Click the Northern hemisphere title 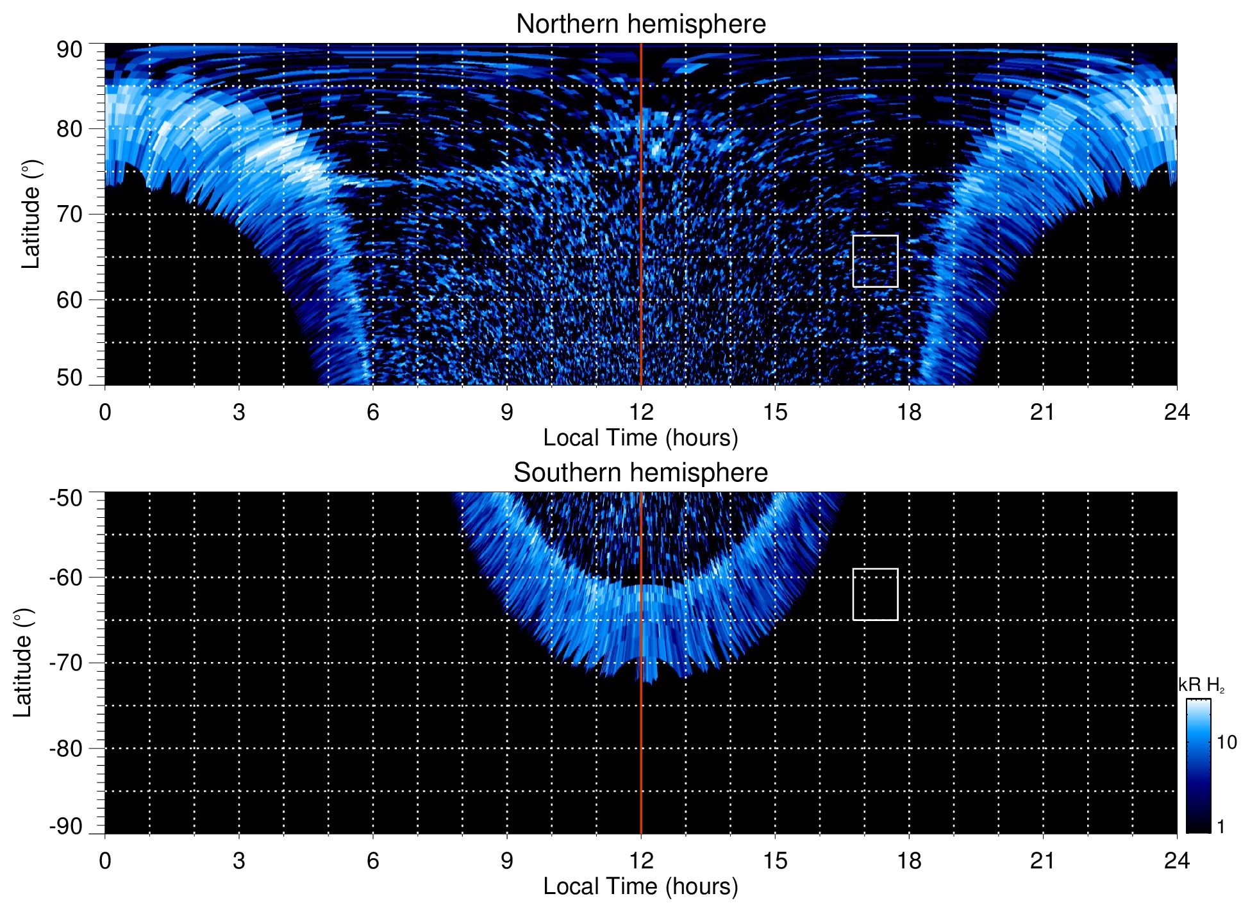(x=640, y=24)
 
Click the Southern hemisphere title (x=640, y=473)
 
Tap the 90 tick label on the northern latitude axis (x=69, y=50)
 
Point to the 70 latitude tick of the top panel (x=69, y=214)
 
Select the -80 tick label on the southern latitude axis (x=66, y=748)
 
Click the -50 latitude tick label (x=66, y=498)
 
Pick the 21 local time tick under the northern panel (x=1043, y=412)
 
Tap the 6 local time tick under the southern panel (x=373, y=861)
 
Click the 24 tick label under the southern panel (x=1176, y=861)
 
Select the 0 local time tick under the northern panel (x=105, y=412)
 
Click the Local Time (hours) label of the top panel (x=640, y=438)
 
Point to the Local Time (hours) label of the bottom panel (x=640, y=886)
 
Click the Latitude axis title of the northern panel (x=31, y=214)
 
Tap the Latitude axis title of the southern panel (x=22, y=663)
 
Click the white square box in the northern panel (x=875, y=261)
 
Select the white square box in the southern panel (x=875, y=594)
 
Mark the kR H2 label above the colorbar (x=1201, y=685)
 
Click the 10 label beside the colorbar (x=1226, y=742)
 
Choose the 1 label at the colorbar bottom (x=1221, y=827)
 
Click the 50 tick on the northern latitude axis (x=69, y=377)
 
